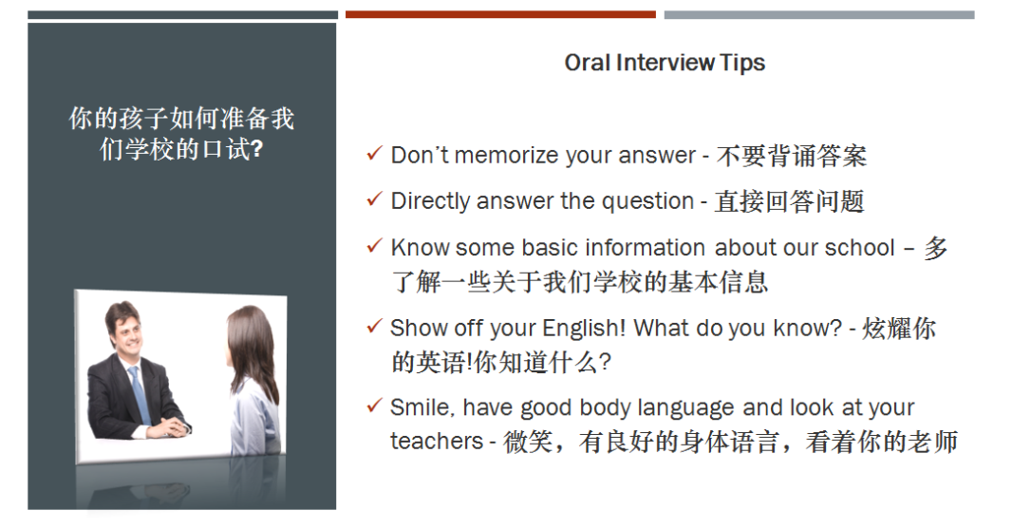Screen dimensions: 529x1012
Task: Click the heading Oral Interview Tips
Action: [664, 63]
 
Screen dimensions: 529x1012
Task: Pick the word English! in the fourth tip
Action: [584, 329]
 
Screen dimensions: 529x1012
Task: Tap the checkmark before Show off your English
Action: [374, 327]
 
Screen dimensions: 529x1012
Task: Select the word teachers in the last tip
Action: [436, 441]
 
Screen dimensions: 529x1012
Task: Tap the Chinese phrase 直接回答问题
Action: [789, 201]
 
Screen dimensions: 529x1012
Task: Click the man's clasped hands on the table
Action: [172, 427]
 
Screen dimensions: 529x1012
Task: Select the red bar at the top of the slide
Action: [500, 14]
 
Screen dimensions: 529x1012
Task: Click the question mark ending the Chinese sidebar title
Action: [256, 150]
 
